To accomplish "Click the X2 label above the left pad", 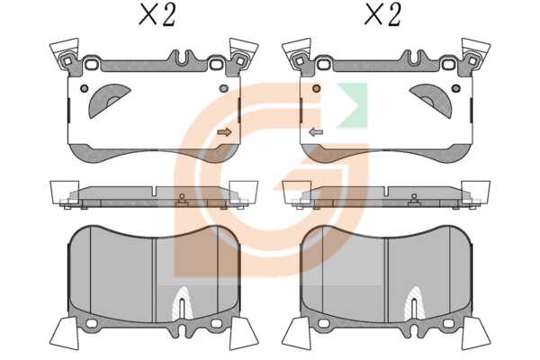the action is [157, 15].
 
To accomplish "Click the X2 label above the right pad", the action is [382, 15].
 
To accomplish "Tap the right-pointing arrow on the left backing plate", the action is [224, 132].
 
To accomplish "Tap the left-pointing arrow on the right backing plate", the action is [316, 132].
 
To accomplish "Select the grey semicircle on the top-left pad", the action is [107, 100].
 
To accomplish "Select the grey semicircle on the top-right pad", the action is [432, 100].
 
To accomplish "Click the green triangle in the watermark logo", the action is [352, 104].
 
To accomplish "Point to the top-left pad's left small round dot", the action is [85, 88].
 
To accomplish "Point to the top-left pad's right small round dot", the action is [223, 88].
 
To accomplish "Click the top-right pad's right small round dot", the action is [456, 88].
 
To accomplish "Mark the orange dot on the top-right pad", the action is [317, 88].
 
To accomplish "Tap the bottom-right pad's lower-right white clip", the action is [475, 333].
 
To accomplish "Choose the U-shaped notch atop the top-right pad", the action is [414, 58].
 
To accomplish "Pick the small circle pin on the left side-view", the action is [182, 196].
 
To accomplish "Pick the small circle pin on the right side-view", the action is [414, 196].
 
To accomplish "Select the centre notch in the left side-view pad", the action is [156, 191].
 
